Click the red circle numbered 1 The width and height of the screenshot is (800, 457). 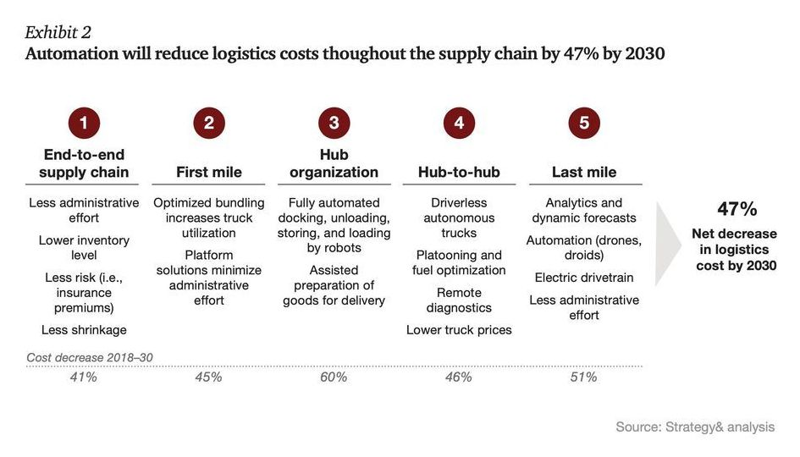83,123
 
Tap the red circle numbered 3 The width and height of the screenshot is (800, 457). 334,123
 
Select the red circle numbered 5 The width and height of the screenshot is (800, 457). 584,123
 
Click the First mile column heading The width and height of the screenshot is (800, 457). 208,172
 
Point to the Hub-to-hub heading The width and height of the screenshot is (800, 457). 459,172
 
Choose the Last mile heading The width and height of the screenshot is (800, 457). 584,172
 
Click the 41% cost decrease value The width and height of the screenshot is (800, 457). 83,377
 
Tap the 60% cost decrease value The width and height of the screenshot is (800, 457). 334,377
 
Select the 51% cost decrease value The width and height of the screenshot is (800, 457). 584,377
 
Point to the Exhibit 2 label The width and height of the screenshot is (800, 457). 58,32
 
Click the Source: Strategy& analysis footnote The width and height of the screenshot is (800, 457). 695,427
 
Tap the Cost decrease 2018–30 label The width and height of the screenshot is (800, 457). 90,357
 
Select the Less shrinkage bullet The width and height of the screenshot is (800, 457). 84,329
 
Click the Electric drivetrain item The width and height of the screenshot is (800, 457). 584,278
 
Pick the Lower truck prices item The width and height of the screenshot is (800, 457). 459,329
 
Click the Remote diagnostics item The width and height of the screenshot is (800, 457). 459,300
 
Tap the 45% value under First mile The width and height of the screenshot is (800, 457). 208,377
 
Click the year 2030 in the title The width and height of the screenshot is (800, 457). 641,54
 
